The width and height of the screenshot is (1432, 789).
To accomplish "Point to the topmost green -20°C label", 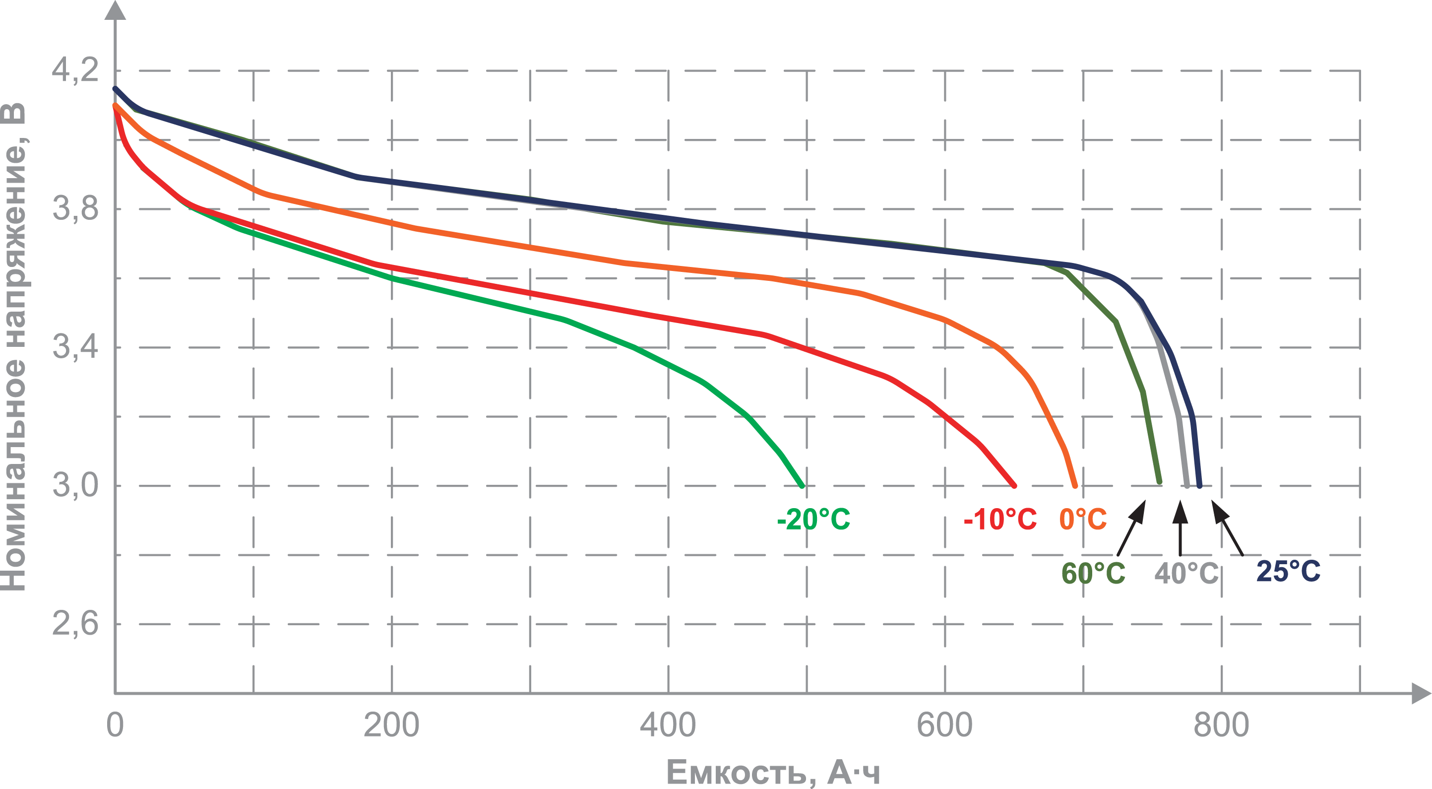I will pyautogui.click(x=814, y=520).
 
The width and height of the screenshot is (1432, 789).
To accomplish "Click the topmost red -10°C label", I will pyautogui.click(x=1000, y=520).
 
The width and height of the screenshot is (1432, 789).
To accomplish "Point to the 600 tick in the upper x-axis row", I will pyautogui.click(x=944, y=724).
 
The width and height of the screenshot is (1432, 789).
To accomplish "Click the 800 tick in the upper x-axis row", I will pyautogui.click(x=1221, y=724).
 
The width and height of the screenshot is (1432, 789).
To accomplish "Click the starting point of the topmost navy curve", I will pyautogui.click(x=115, y=87).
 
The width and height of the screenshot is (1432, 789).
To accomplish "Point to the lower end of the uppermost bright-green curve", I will pyautogui.click(x=803, y=488).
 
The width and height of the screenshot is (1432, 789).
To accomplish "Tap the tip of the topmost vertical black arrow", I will pyautogui.click(x=1180, y=507).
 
